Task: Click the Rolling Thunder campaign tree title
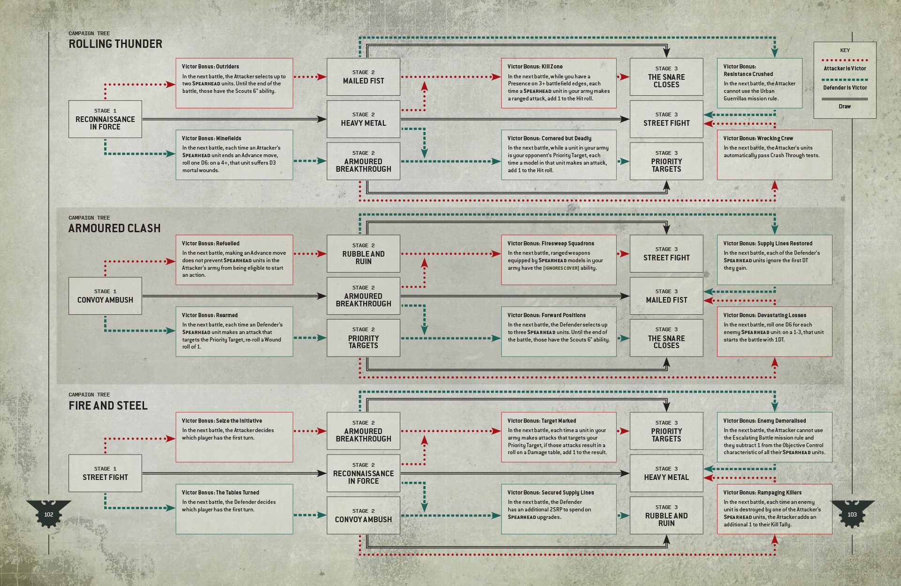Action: (115, 44)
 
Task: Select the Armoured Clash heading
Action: (115, 228)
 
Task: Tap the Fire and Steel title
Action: (108, 405)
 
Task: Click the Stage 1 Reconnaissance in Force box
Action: (105, 119)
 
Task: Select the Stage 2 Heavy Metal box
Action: (363, 119)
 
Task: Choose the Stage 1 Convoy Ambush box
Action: (105, 296)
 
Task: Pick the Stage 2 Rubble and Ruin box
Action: (363, 254)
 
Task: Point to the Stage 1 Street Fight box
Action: (105, 473)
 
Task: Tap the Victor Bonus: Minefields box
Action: (234, 155)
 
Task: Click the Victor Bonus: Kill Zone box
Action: (558, 83)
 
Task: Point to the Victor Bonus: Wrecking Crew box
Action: (774, 155)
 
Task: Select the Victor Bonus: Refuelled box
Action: (234, 259)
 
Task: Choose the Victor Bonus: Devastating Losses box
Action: (774, 332)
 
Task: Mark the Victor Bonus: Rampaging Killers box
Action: (774, 509)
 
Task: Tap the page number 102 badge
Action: (49, 514)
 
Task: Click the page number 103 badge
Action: (852, 514)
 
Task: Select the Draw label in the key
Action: (845, 107)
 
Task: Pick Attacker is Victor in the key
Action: (845, 68)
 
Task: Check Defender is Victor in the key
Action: (845, 88)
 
